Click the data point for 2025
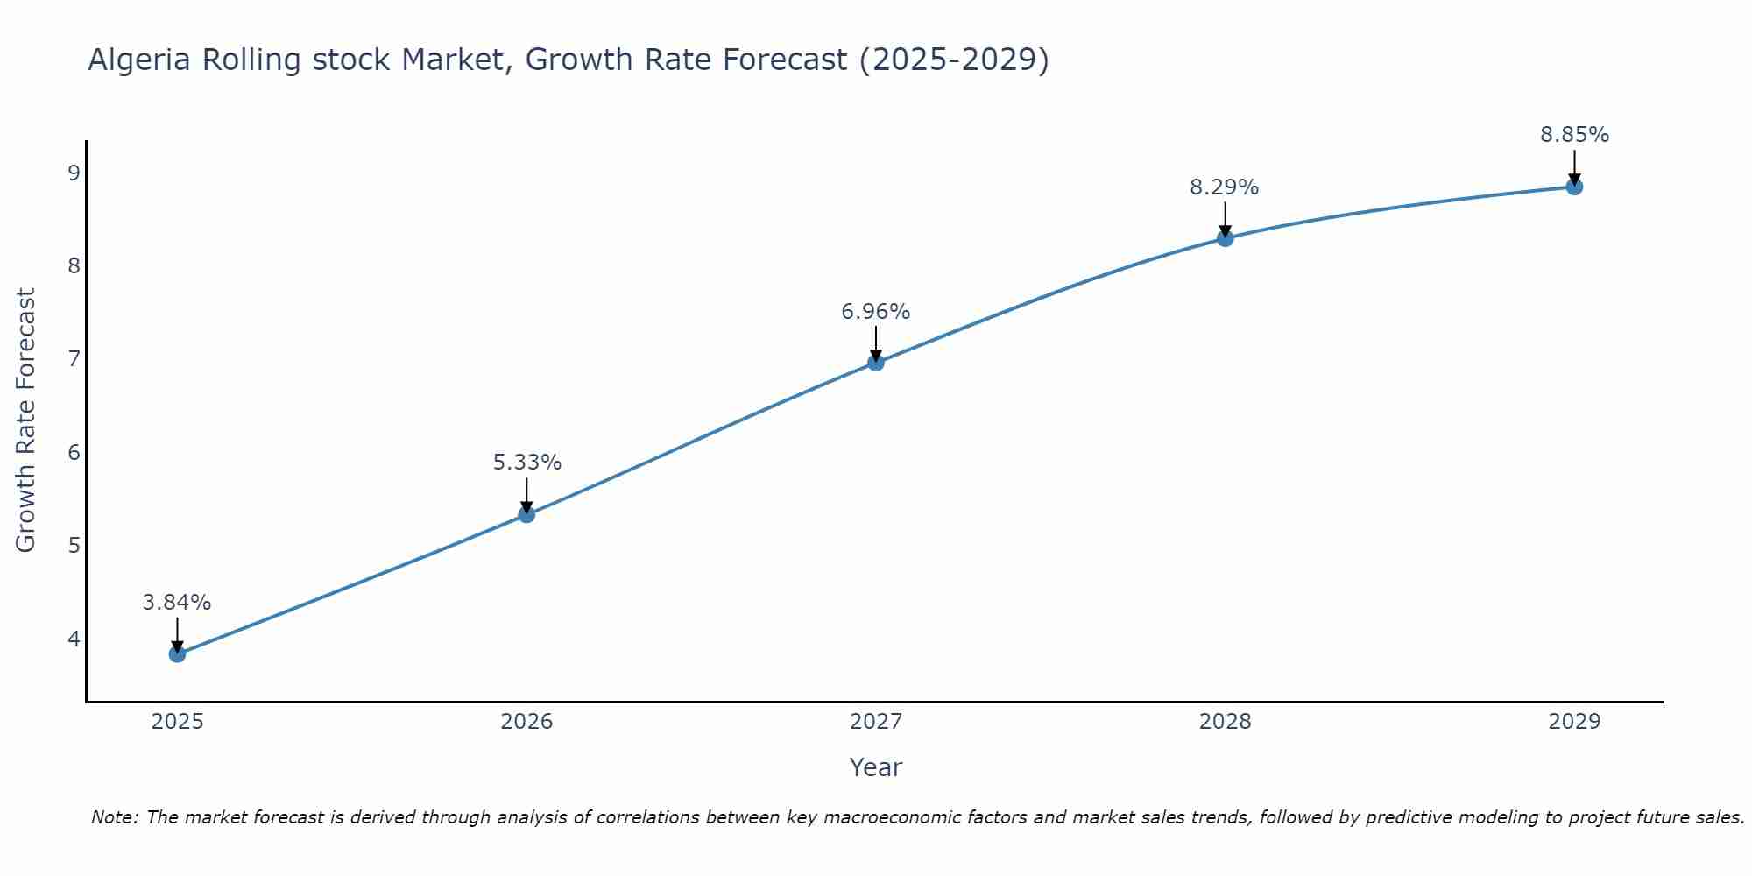tap(177, 653)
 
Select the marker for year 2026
tap(526, 514)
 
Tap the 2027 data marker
tap(876, 362)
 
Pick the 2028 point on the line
tap(1225, 237)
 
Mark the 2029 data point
tap(1574, 187)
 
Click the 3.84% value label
tap(177, 603)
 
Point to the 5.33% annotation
tap(526, 463)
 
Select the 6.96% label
tap(876, 312)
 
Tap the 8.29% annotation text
tap(1225, 187)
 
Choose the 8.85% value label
tap(1574, 135)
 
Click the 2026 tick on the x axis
tap(526, 722)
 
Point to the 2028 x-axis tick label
tap(1225, 722)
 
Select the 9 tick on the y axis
tap(74, 173)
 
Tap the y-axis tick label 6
tap(74, 452)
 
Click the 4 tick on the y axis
tap(74, 639)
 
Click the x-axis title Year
tap(875, 767)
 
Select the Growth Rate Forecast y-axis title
tap(26, 420)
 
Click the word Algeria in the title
tap(140, 60)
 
